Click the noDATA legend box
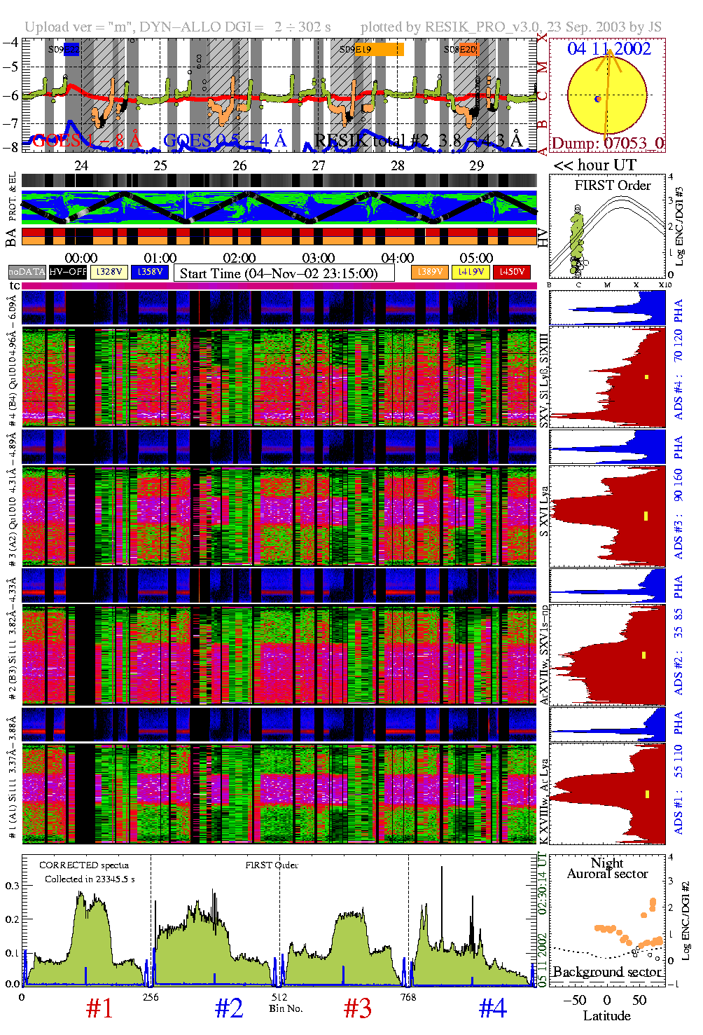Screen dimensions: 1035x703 coord(27,272)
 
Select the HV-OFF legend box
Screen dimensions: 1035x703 coord(68,272)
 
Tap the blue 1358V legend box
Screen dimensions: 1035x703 coord(150,272)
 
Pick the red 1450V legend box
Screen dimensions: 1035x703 coord(512,272)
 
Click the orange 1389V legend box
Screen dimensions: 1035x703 coord(429,272)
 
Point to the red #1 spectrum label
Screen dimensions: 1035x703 coord(99,1008)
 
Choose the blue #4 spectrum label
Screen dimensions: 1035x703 coord(493,1008)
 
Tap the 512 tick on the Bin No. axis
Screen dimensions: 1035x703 coord(279,997)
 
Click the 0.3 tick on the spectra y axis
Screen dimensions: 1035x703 coord(12,886)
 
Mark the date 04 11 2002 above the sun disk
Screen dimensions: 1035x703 coord(608,49)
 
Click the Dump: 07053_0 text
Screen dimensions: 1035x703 coord(608,144)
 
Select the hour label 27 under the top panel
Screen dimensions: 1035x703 coord(319,166)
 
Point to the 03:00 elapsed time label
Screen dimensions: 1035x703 coord(319,259)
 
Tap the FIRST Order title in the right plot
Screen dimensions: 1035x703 coord(613,186)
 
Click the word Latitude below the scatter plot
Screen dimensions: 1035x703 coord(606,1016)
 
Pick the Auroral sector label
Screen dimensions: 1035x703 coord(607,874)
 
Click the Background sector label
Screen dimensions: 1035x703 coord(606,972)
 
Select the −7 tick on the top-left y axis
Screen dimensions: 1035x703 coord(11,123)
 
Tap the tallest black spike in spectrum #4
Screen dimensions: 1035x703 coord(442,869)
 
